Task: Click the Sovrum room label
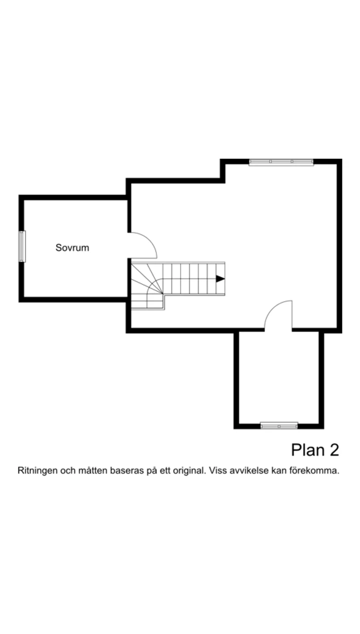point(72,248)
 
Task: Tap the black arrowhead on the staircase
point(220,279)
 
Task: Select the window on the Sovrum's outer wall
point(22,247)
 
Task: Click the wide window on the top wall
point(281,162)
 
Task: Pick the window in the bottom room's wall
point(279,425)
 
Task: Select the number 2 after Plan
point(334,450)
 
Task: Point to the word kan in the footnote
point(282,471)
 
